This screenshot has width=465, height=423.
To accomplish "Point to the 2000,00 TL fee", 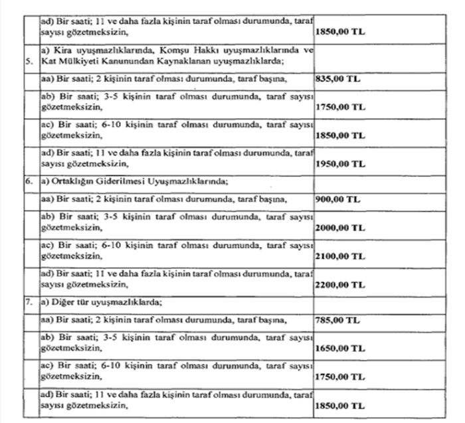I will [339, 227].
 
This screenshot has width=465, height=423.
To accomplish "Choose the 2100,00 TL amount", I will [339, 256].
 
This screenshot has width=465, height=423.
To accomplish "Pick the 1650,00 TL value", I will [339, 347].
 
